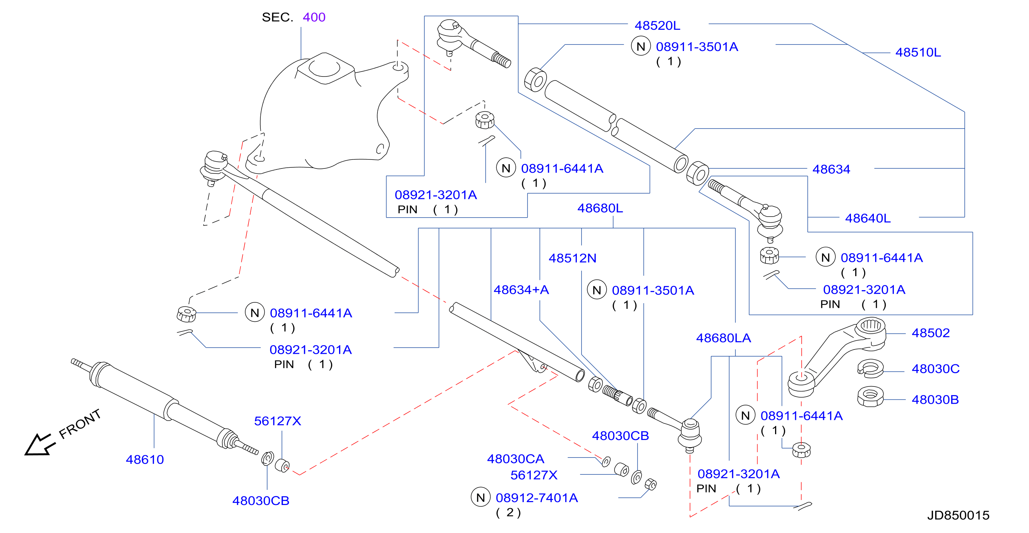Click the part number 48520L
657,26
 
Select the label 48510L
918,52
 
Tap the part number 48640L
868,219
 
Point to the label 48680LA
723,338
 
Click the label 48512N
573,258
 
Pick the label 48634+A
521,290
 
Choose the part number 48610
145,459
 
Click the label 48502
930,333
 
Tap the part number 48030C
936,369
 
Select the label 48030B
935,399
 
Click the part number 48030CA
515,459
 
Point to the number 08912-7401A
537,498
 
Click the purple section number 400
314,17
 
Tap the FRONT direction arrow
39,444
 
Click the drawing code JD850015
958,515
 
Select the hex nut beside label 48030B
870,397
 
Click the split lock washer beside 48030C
870,369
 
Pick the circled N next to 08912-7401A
481,497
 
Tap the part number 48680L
600,208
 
